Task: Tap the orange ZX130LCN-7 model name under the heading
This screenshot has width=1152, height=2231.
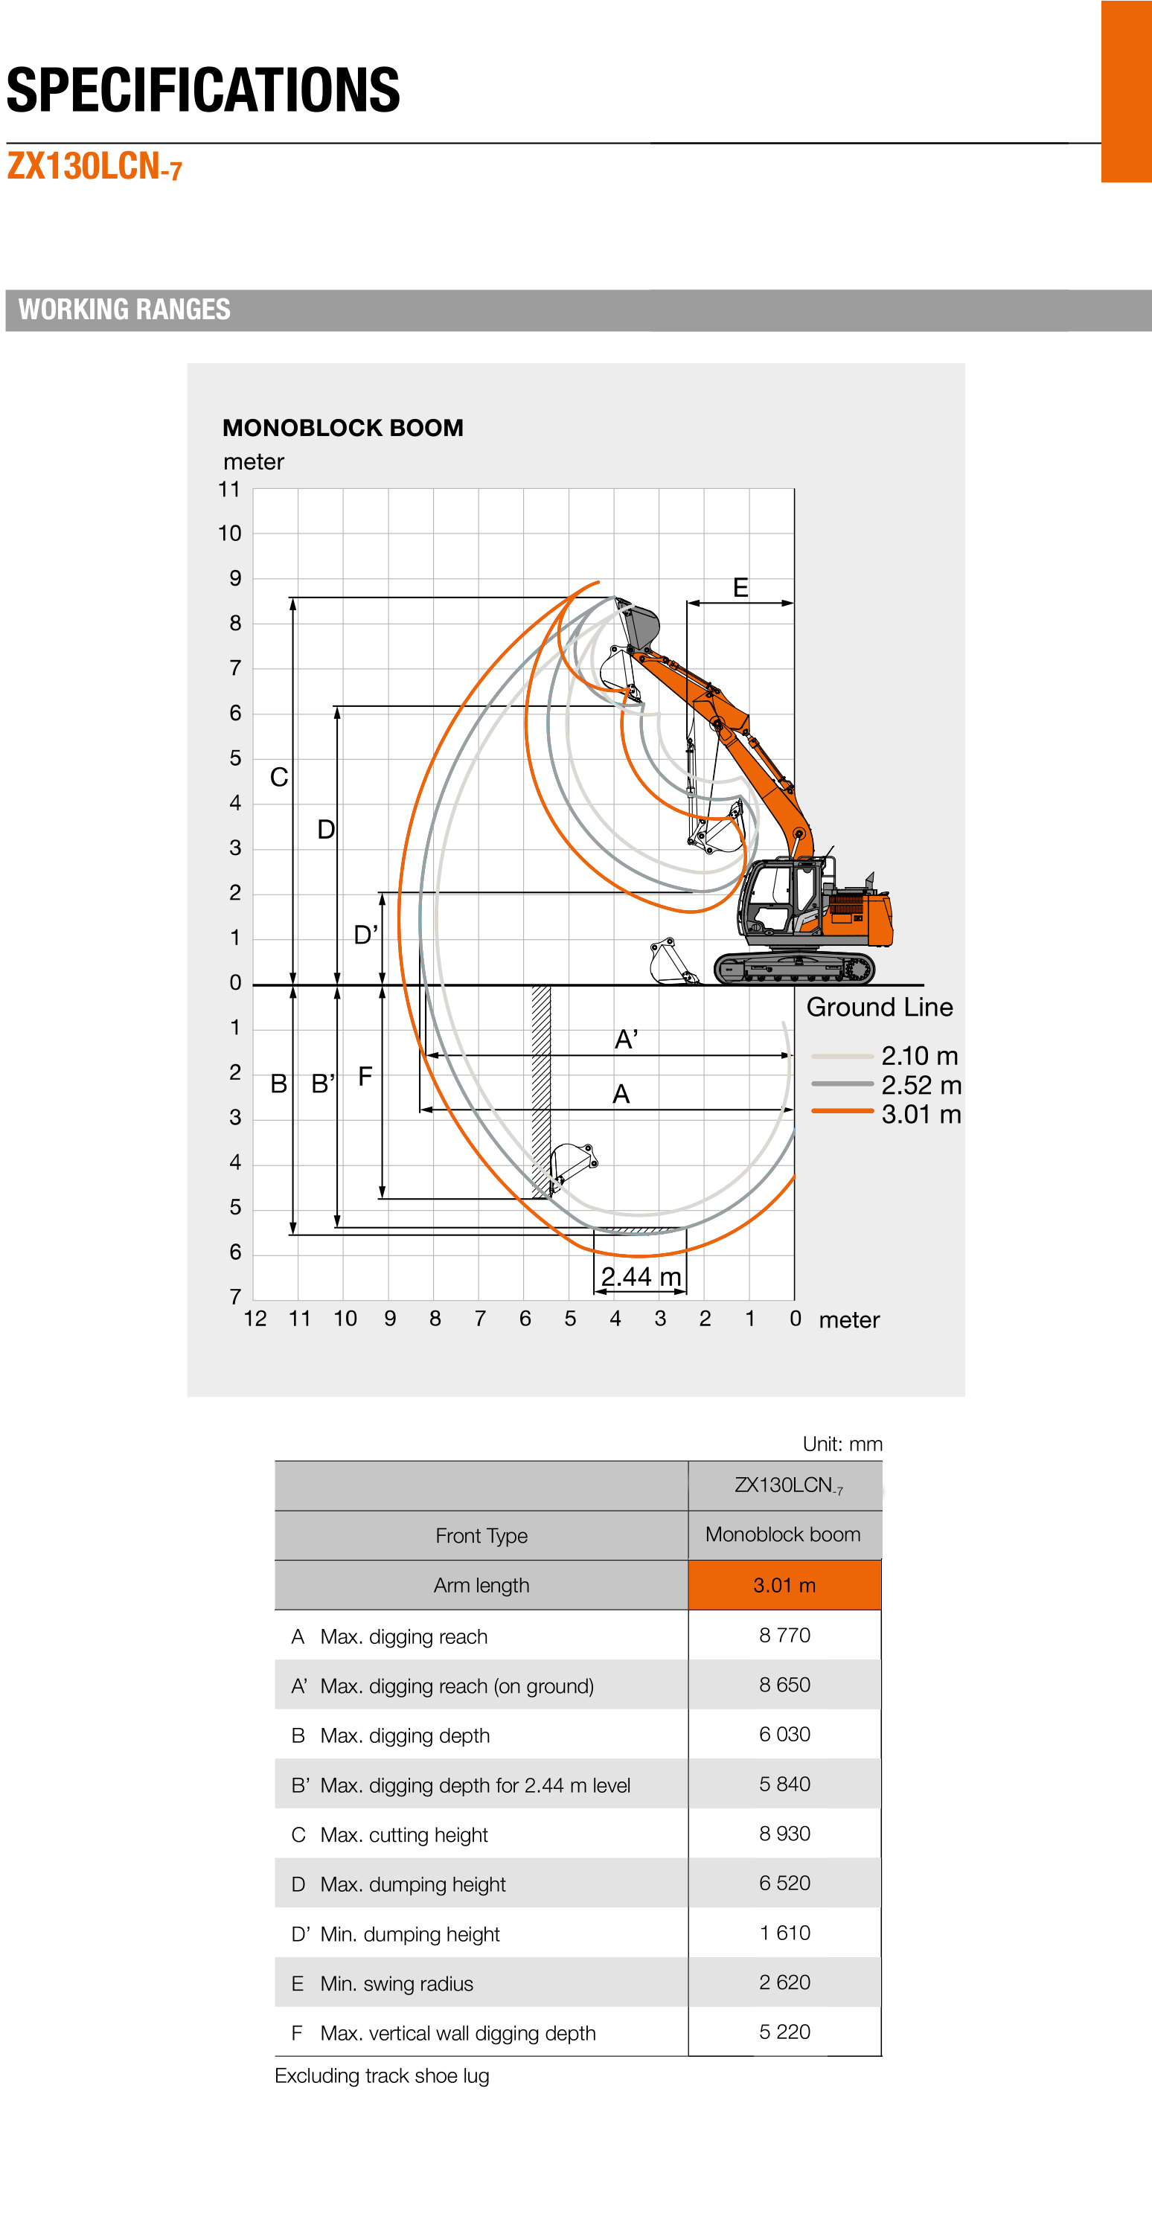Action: click(x=95, y=166)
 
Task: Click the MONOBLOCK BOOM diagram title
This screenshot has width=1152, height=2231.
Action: click(x=343, y=428)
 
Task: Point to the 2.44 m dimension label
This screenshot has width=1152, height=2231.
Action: click(x=640, y=1276)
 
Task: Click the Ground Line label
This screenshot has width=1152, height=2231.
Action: click(x=879, y=1008)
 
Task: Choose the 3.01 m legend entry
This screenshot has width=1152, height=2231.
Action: click(x=921, y=1115)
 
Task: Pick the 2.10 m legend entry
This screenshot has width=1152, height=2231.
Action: click(x=919, y=1057)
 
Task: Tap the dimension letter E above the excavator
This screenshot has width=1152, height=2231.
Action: click(x=740, y=588)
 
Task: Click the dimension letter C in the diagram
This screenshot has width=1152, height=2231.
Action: click(x=279, y=778)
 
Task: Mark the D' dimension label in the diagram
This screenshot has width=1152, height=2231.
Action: click(x=365, y=935)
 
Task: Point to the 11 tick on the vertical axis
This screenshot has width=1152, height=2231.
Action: click(x=229, y=490)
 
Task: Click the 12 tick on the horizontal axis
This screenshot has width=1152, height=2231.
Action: click(x=255, y=1319)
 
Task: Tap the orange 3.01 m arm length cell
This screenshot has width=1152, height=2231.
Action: click(x=784, y=1585)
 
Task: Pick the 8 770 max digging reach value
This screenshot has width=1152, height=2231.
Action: click(x=784, y=1635)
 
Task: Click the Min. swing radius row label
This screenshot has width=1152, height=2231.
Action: click(x=396, y=1983)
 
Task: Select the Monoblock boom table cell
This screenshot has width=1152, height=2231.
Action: click(x=783, y=1534)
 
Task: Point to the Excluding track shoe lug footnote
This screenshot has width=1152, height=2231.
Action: click(x=382, y=2076)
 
